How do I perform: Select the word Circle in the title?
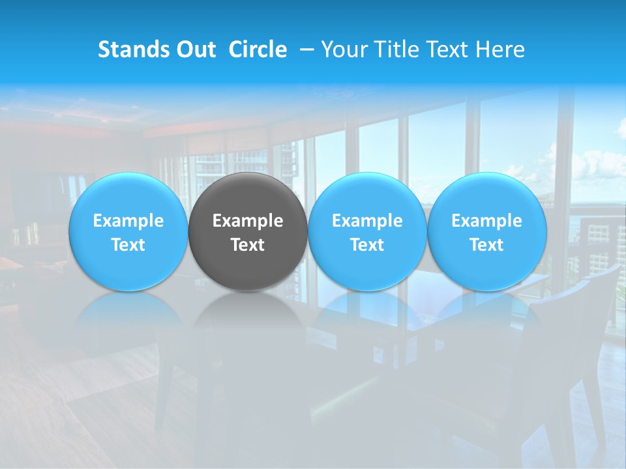(x=258, y=50)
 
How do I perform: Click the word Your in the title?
(x=342, y=50)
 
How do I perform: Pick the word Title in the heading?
(x=393, y=50)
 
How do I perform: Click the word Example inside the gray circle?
(x=248, y=221)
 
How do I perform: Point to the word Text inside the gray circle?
(x=248, y=245)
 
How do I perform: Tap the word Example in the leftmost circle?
(x=128, y=221)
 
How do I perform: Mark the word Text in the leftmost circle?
(x=128, y=245)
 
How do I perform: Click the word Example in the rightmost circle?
(x=487, y=221)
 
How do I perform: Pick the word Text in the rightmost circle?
(x=487, y=245)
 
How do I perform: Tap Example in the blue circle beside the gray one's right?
(x=367, y=221)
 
